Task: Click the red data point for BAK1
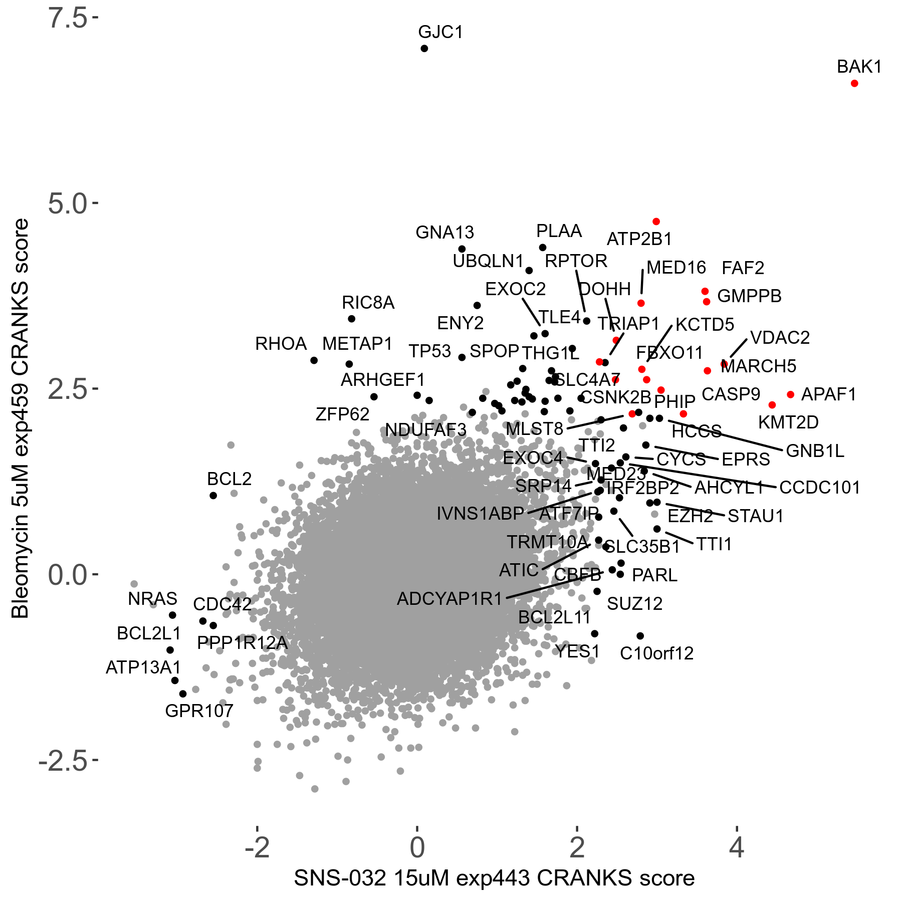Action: tap(854, 83)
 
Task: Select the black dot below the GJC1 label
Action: tap(424, 49)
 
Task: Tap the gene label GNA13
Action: tap(444, 233)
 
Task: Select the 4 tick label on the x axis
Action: tap(736, 847)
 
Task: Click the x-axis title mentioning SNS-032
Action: tap(494, 878)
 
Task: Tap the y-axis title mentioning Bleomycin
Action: tap(21, 418)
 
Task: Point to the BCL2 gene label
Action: tap(229, 479)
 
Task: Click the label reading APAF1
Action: tap(829, 394)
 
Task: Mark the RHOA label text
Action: tap(281, 344)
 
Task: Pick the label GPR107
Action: tap(199, 711)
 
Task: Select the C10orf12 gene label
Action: tap(656, 653)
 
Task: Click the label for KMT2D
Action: tap(788, 422)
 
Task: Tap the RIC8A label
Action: tap(368, 303)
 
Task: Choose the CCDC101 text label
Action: tap(820, 487)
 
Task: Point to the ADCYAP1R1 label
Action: tap(449, 599)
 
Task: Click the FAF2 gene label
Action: tap(743, 268)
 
